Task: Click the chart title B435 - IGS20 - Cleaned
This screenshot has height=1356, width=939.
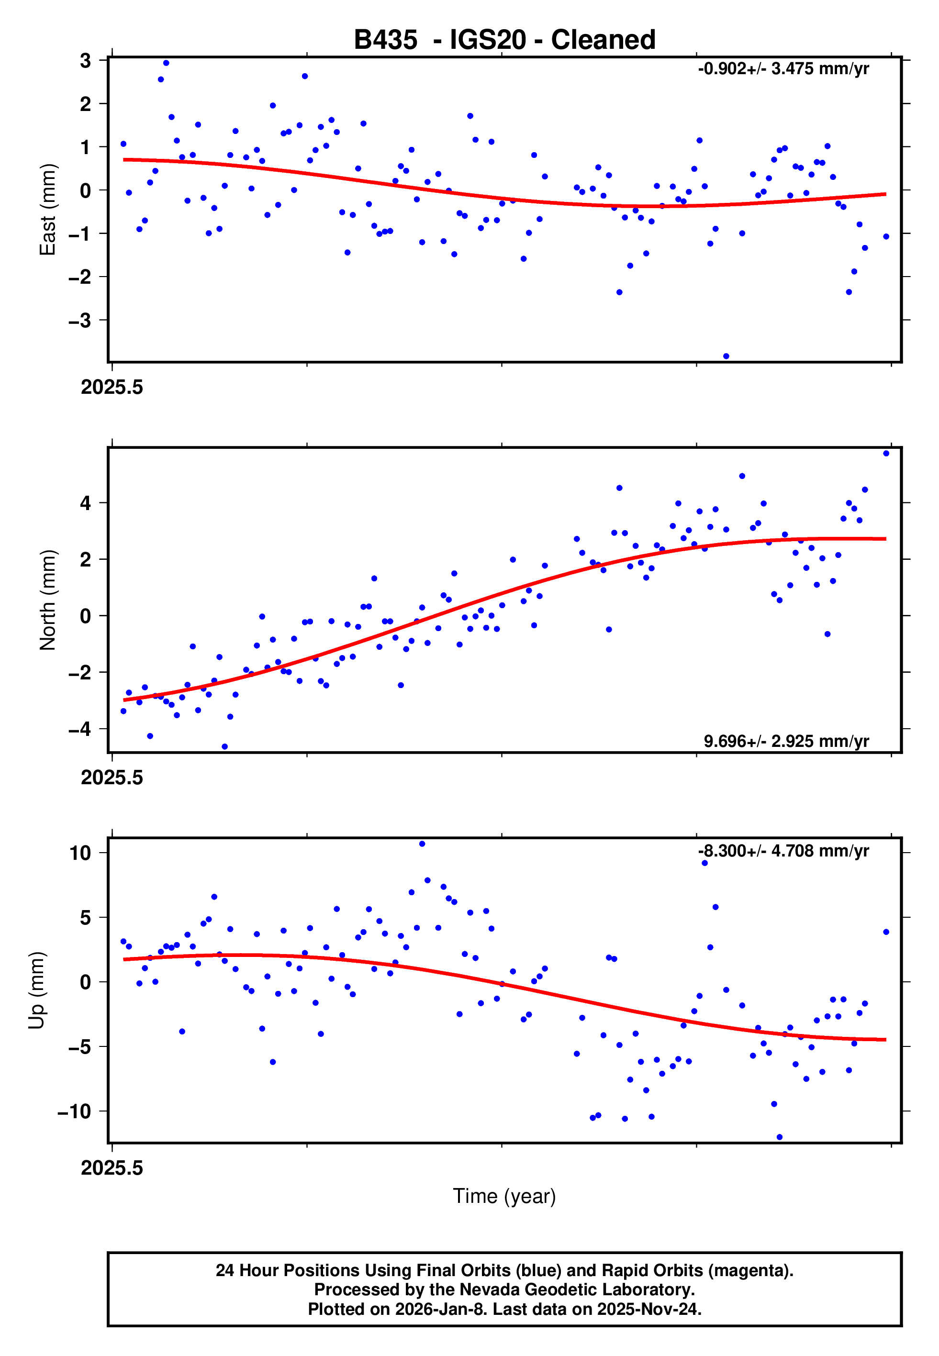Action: [504, 40]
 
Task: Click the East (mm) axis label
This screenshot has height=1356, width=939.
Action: [47, 210]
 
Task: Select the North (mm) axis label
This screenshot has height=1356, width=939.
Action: [47, 600]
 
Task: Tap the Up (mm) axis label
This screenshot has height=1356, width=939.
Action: [36, 990]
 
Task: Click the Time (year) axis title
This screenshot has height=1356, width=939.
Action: [504, 1196]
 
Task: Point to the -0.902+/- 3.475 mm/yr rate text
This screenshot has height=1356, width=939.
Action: [783, 69]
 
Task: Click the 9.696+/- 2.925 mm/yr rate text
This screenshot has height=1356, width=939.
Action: [786, 741]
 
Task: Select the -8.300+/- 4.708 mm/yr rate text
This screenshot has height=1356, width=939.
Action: [783, 851]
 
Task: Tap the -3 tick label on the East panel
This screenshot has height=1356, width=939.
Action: [80, 321]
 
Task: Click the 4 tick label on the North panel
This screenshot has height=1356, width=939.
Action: [86, 503]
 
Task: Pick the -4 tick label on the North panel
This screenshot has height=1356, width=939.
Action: [80, 729]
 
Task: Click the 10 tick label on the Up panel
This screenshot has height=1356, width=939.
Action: [80, 853]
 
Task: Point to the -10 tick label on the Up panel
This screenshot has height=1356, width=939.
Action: [75, 1111]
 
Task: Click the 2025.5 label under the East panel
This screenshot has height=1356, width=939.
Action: [112, 388]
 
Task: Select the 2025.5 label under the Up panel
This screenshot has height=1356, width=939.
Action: [112, 1168]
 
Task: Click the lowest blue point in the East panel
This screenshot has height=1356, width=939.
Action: [726, 356]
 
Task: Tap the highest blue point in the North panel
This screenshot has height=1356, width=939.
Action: [886, 454]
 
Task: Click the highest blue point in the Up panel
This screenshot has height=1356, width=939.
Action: [422, 844]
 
